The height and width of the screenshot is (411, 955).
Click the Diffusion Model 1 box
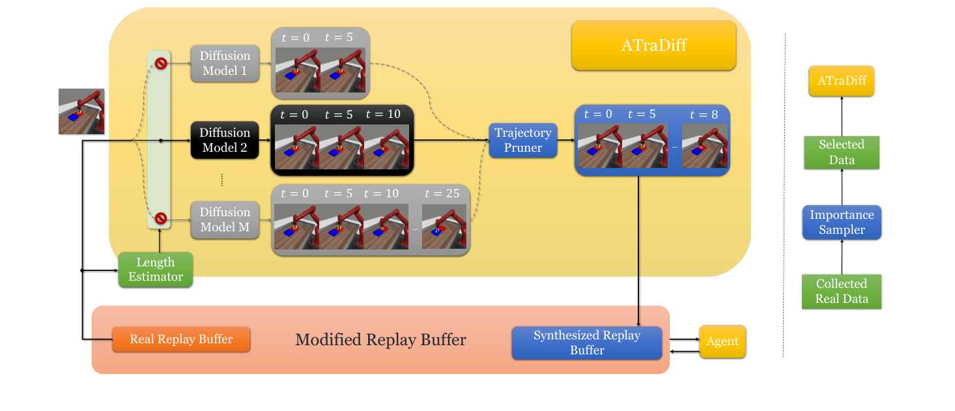pyautogui.click(x=224, y=63)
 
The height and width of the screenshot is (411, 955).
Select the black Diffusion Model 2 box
pyautogui.click(x=224, y=140)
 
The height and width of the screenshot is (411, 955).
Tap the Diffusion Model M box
pyautogui.click(x=224, y=220)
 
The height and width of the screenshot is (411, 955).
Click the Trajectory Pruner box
pyautogui.click(x=523, y=140)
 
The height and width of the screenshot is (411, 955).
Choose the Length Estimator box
pyautogui.click(x=155, y=270)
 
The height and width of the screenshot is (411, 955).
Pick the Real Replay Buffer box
pyautogui.click(x=181, y=339)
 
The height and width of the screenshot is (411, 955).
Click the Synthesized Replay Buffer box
pyautogui.click(x=586, y=343)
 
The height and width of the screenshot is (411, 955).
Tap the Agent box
pyautogui.click(x=722, y=341)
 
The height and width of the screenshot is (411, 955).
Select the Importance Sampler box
pyautogui.click(x=842, y=222)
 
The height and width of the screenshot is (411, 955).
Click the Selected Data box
pyautogui.click(x=842, y=152)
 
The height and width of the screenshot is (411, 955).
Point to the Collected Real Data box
pyautogui.click(x=842, y=292)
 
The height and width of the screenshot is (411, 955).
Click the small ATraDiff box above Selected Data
pyautogui.click(x=842, y=81)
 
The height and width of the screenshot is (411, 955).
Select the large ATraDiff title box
pyautogui.click(x=653, y=46)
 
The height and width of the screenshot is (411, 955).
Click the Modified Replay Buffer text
pyautogui.click(x=380, y=339)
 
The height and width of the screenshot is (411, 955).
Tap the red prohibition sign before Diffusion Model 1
pyautogui.click(x=160, y=63)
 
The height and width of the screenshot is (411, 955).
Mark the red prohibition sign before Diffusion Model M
pyautogui.click(x=160, y=218)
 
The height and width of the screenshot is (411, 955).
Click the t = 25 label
pyautogui.click(x=442, y=193)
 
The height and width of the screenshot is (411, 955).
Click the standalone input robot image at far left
pyautogui.click(x=81, y=111)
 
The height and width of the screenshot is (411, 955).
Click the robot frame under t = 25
pyautogui.click(x=444, y=226)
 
